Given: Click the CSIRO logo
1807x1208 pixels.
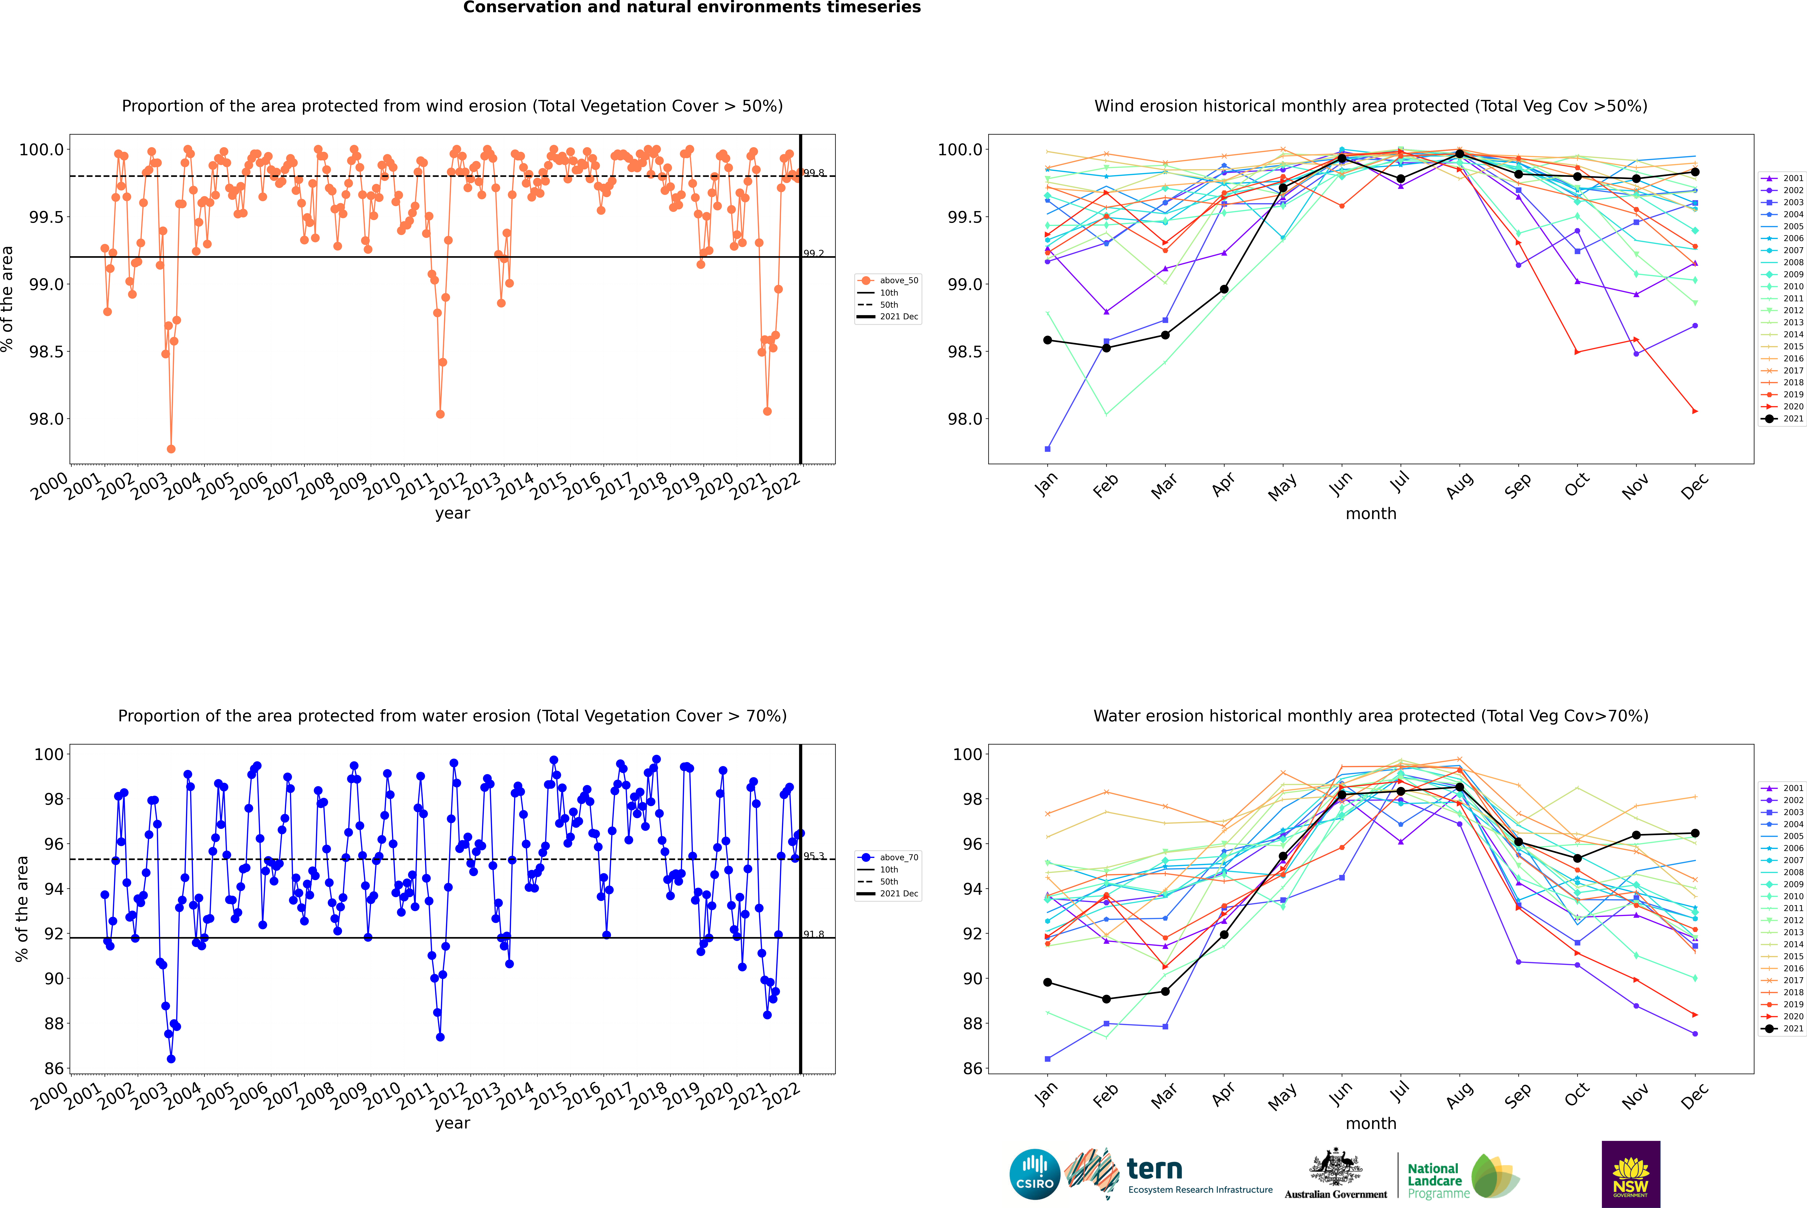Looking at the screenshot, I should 1035,1174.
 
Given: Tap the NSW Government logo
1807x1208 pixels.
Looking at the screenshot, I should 1631,1174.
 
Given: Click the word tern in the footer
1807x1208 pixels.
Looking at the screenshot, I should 1154,1170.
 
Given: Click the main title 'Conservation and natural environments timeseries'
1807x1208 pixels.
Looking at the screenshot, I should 692,8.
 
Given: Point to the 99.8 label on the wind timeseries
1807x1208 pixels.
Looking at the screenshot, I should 813,173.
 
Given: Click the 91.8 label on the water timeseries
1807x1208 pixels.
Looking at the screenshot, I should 813,935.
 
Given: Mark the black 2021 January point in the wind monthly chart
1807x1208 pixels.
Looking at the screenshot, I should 1048,340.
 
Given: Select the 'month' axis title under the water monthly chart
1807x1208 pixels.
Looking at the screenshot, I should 1370,1123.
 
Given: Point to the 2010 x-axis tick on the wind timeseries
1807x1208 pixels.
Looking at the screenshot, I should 382,485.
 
